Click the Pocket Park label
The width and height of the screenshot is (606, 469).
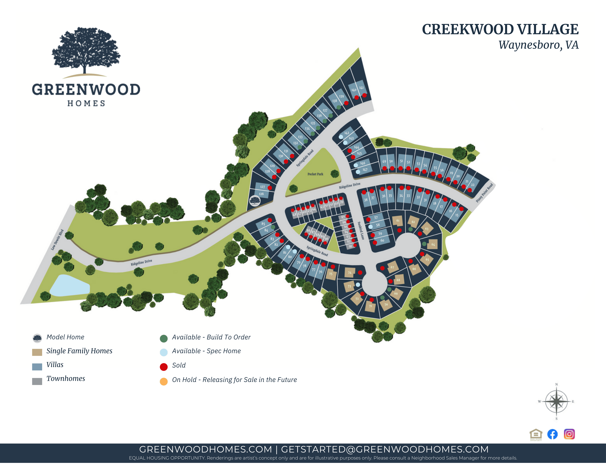tap(315, 174)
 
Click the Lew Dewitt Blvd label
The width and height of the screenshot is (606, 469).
tap(57, 240)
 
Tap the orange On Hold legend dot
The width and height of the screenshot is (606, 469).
tap(164, 381)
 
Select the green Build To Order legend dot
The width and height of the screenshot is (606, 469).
tap(164, 338)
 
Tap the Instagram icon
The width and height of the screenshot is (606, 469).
tap(569, 434)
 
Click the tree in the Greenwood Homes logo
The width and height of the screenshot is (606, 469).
tap(86, 50)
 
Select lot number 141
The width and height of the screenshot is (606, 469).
tap(361, 88)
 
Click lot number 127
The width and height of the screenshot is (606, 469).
tap(262, 187)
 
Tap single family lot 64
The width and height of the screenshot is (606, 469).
tap(433, 244)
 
